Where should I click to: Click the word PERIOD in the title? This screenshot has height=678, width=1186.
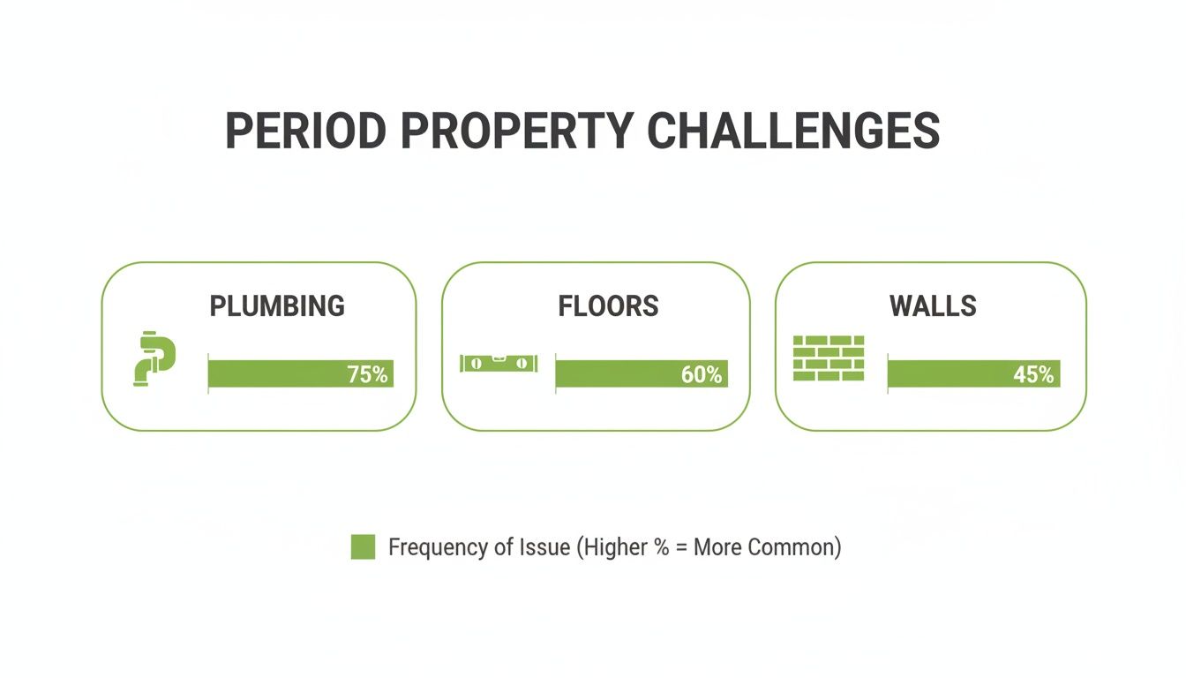[305, 131]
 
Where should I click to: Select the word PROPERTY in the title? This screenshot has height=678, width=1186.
[516, 131]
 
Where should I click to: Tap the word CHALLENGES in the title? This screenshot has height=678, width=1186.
[793, 131]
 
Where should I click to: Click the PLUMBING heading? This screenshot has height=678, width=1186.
[277, 306]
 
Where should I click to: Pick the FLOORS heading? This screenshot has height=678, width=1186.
[608, 306]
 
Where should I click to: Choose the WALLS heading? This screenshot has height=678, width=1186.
[933, 306]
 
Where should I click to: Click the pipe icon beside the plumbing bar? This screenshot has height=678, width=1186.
[154, 358]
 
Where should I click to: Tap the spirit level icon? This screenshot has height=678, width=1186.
[498, 363]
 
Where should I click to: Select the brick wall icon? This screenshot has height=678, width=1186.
[829, 358]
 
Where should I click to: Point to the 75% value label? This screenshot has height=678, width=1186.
[368, 374]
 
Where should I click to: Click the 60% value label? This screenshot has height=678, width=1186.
[702, 374]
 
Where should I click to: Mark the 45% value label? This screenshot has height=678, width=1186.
[1033, 374]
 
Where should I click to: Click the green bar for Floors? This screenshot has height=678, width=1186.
[618, 373]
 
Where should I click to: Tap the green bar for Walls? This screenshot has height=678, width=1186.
[950, 373]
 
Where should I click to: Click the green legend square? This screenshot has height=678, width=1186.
[363, 546]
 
